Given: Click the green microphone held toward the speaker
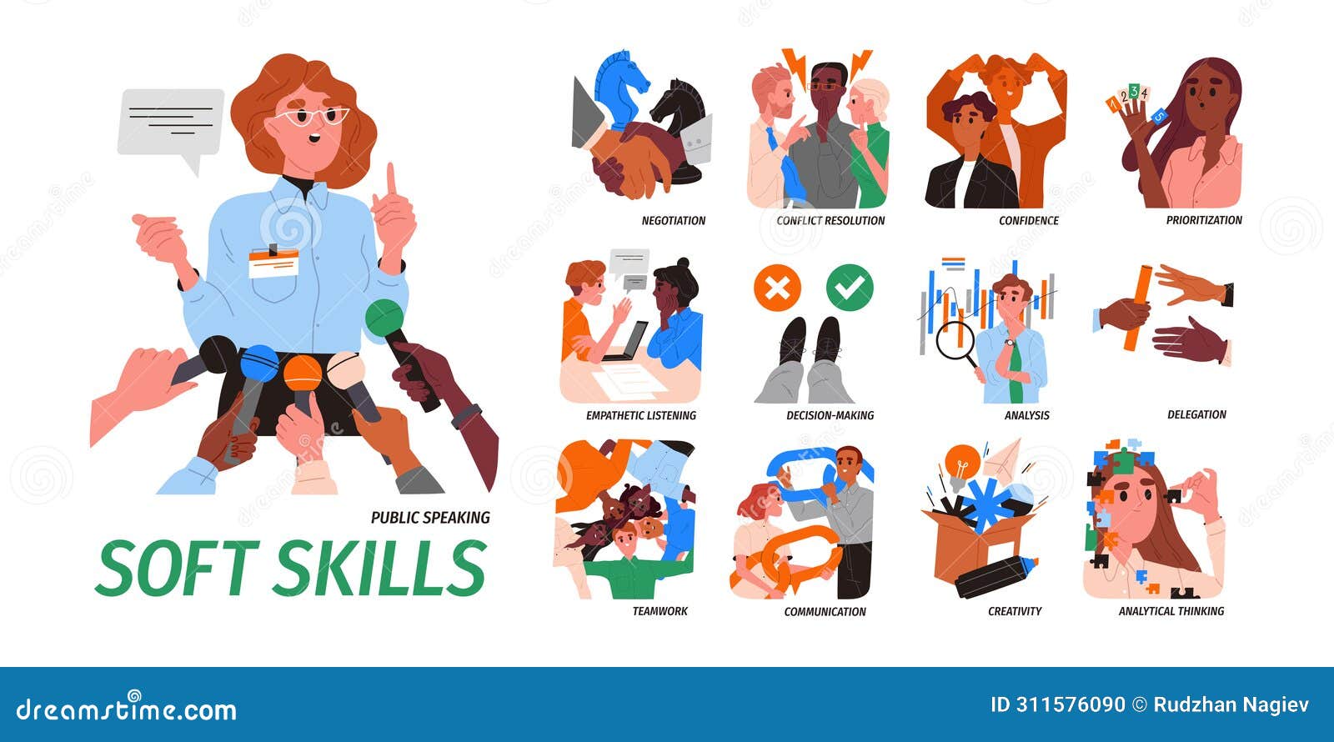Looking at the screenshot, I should point(384,318).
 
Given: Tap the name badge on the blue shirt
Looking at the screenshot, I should point(273,263).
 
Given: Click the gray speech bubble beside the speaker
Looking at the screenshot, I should point(171,122).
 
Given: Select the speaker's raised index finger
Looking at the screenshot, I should point(390,180).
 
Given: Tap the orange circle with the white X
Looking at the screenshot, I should point(776,288).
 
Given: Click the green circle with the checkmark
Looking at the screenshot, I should point(850,288).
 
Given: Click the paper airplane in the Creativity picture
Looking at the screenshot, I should point(1003,458).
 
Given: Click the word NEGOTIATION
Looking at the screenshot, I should point(673,221).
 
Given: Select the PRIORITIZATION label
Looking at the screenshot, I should point(1203,220).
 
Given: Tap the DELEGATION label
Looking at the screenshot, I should point(1196,414).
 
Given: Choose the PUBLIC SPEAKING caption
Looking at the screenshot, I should point(430,518).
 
